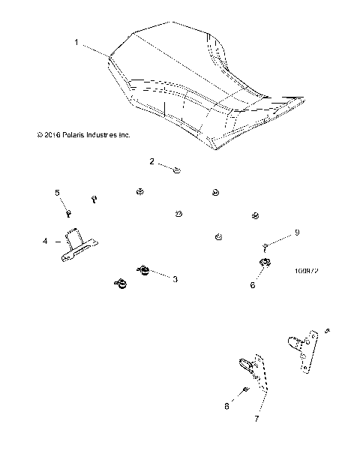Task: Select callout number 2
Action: coord(151,161)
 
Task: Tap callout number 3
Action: coord(175,279)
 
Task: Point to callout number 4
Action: coord(46,242)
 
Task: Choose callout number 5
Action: coord(56,194)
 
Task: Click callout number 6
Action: coord(252,286)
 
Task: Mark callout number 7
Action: coord(257,418)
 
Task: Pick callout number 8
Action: coord(227,406)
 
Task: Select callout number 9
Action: coord(296,233)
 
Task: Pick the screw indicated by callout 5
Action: coord(69,213)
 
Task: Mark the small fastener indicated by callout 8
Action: coord(247,390)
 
